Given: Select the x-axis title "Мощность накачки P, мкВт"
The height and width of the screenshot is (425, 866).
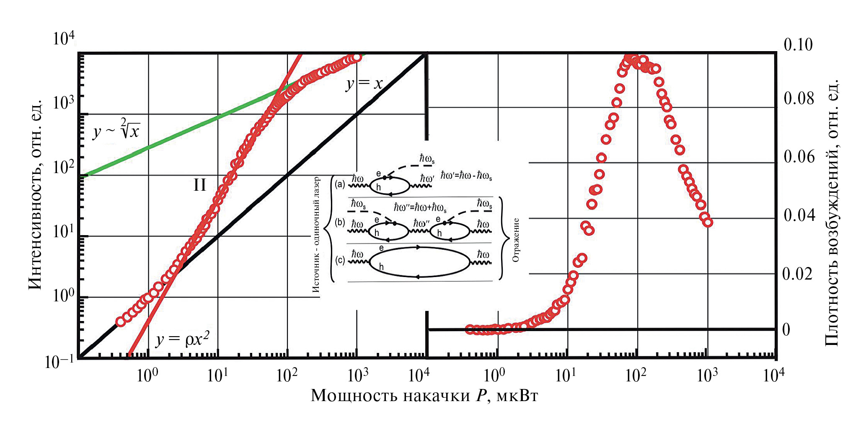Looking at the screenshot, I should pos(424,395).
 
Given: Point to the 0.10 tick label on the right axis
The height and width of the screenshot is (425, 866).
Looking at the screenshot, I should pos(798,45).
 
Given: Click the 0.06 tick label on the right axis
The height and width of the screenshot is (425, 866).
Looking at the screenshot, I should pos(799,157).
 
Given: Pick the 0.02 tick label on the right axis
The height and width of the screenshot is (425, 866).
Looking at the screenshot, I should pos(797,274).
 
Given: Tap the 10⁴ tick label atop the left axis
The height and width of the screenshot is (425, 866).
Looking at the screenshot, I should pos(63,39).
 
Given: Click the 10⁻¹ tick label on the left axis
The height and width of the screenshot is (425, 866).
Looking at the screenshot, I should pos(59,361).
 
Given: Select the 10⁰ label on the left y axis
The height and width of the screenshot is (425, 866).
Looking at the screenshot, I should pos(63,296).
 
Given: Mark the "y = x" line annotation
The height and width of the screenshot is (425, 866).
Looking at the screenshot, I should pos(364,83).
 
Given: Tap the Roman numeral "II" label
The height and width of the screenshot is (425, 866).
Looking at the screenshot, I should pos(199,185).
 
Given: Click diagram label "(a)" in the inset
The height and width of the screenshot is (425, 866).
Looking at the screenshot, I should pos(339,184).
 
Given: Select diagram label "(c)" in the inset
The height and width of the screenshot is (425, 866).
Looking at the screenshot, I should pos(340,261).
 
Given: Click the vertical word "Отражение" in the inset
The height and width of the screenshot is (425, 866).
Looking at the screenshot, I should pos(516,240).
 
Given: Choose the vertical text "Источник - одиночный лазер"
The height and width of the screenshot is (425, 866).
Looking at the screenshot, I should pos(316,234).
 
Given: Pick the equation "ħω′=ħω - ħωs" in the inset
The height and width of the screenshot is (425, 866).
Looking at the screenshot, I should pos(466,176).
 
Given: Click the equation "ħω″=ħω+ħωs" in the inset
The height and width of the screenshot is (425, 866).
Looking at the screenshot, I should pos(420,207).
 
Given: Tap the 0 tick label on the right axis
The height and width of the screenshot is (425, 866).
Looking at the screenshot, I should pos(786,330).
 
